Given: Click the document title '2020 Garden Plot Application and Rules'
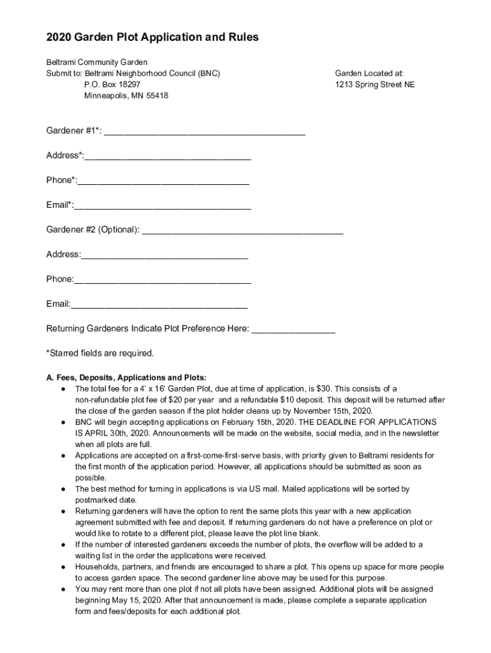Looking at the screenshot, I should click(152, 38).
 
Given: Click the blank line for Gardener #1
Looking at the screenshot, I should click(205, 133).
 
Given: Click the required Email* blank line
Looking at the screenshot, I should click(163, 207).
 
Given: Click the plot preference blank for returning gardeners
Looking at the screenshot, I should click(293, 330).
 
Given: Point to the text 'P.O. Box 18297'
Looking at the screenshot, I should click(112, 84).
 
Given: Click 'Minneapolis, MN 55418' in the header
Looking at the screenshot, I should click(126, 96).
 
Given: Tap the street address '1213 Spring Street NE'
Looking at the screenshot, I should click(375, 84).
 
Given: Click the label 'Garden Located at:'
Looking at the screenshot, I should click(369, 73).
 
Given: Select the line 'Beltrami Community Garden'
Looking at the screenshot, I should click(96, 62).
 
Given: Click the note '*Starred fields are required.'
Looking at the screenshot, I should click(100, 353).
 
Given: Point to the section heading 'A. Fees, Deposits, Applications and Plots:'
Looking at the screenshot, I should click(126, 377).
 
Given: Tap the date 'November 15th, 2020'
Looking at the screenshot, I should click(335, 411).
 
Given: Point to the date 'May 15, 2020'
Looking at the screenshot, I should click(131, 600).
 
